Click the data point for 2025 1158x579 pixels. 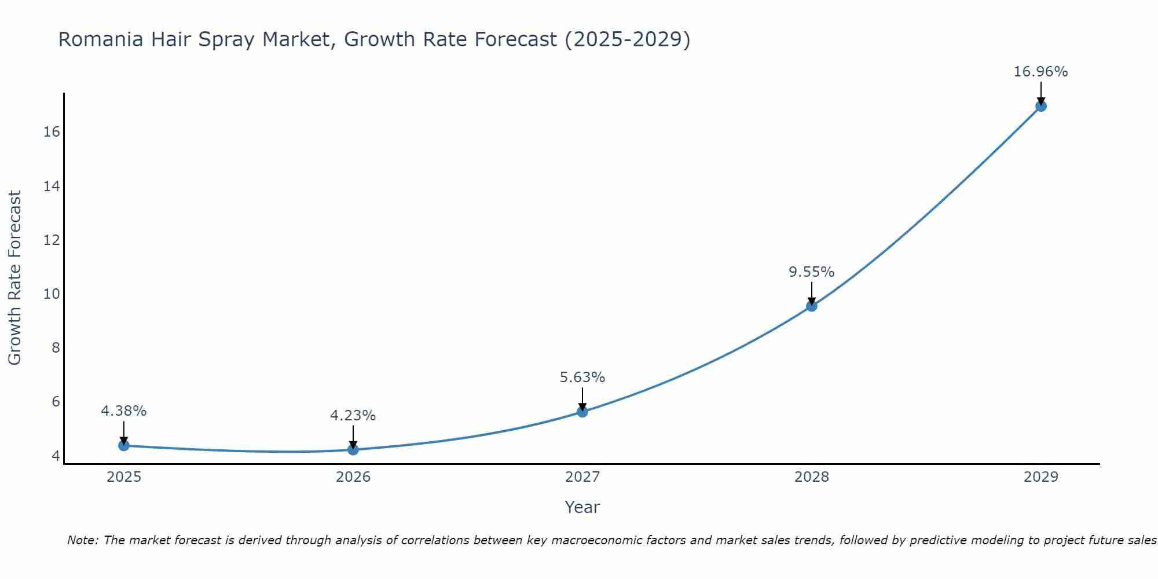(x=123, y=445)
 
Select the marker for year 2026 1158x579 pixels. (x=353, y=449)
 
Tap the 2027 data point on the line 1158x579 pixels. (x=582, y=412)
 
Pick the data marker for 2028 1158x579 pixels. (x=812, y=306)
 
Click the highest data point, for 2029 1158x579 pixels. (x=1041, y=106)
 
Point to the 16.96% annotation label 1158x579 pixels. (x=1040, y=72)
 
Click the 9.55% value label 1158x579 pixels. (x=811, y=272)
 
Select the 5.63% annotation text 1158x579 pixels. (x=582, y=378)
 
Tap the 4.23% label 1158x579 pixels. (x=353, y=416)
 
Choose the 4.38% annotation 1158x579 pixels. (x=123, y=411)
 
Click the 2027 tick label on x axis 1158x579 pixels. (x=582, y=477)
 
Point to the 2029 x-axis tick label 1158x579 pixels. (x=1041, y=477)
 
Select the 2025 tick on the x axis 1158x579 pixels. (x=124, y=477)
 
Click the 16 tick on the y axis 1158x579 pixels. (x=52, y=132)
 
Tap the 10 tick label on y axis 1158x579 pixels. (x=52, y=294)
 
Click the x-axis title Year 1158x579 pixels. (x=582, y=507)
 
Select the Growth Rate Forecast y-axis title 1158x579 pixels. (x=14, y=278)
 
